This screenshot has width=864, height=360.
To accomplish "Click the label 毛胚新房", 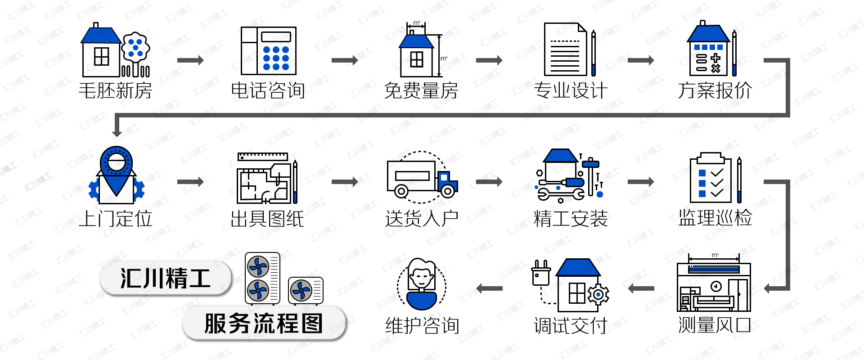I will coord(116,90).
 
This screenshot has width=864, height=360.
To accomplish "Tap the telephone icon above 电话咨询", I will coord(268,51).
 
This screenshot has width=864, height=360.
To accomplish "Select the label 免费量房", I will coord(421,90).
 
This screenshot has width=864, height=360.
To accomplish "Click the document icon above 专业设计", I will coord(565,49).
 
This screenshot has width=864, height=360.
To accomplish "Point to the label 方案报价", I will coord(715,90).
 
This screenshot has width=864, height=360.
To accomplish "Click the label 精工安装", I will coord(570,219).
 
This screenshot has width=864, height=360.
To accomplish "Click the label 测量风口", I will coord(714,324).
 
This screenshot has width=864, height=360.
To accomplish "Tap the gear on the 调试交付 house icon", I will coord(598,295).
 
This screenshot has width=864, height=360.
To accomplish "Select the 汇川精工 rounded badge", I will coord(166,278).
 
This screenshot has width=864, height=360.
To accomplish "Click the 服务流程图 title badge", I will coord(264,323).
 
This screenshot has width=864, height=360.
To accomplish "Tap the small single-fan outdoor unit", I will coord(305,291).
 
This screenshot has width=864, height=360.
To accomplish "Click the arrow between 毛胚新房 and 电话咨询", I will coord(190,60).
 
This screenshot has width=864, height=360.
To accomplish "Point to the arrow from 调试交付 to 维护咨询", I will coord(489,288).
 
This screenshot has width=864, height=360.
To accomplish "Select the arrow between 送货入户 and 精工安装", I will coord(489,182).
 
